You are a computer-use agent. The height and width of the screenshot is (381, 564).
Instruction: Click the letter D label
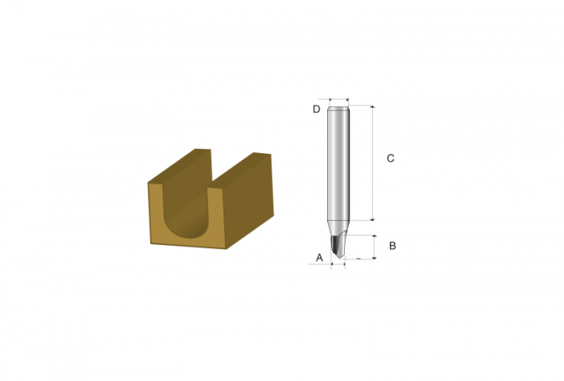pyautogui.click(x=316, y=109)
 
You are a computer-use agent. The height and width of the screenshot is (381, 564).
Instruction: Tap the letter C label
pyautogui.click(x=390, y=158)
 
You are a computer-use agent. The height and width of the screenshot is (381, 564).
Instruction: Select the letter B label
pyautogui.click(x=392, y=246)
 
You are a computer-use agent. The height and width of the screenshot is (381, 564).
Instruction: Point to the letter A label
pyautogui.click(x=319, y=257)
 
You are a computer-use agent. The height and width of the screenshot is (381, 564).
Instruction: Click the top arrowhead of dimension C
pyautogui.click(x=372, y=107)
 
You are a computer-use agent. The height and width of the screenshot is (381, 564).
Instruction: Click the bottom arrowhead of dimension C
pyautogui.click(x=372, y=218)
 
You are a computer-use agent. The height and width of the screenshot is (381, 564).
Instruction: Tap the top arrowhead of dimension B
pyautogui.click(x=375, y=238)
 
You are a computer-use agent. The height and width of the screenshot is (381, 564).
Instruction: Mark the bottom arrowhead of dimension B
pyautogui.click(x=375, y=257)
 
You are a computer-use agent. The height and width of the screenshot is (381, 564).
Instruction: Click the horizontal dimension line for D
pyautogui.click(x=339, y=100)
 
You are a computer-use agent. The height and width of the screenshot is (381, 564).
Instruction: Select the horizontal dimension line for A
pyautogui.click(x=338, y=264)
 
